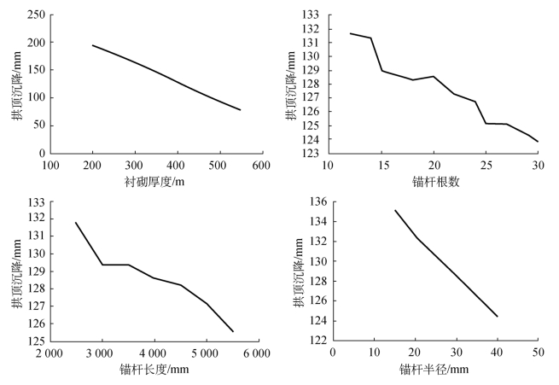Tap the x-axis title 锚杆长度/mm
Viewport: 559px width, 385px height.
click(154, 369)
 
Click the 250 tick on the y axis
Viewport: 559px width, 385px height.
click(36, 15)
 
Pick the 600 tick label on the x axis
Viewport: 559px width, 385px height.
click(261, 165)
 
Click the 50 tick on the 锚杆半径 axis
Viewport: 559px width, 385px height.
click(538, 353)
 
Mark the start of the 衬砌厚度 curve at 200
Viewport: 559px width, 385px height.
click(92, 45)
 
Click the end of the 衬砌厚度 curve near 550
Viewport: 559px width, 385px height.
click(240, 110)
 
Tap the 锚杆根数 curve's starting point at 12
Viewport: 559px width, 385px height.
click(350, 33)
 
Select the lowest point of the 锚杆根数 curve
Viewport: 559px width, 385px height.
click(538, 142)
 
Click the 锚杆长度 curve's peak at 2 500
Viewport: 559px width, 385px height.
click(76, 223)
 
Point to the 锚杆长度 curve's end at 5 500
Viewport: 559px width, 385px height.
click(233, 331)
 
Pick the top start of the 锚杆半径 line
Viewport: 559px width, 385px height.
click(394, 210)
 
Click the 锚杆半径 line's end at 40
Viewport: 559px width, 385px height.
click(497, 317)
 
